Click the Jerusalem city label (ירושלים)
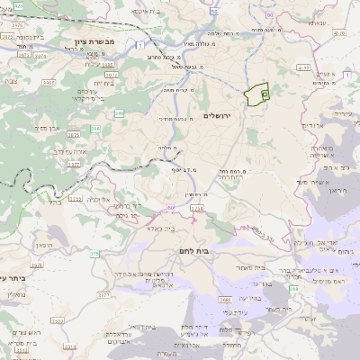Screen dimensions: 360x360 pyautogui.click(x=218, y=116)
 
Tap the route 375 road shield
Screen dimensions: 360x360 pyautogui.click(x=94, y=255)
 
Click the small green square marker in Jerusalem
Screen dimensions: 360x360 pyautogui.click(x=264, y=93)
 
